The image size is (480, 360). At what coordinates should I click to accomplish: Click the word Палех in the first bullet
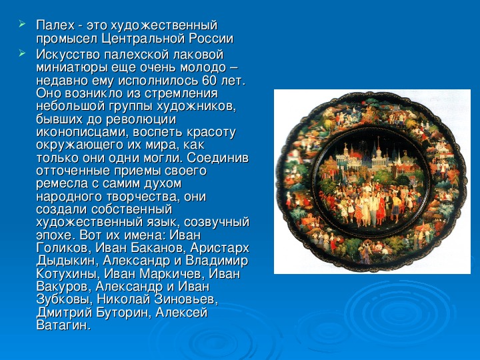55,25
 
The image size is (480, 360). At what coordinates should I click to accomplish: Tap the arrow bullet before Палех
22,23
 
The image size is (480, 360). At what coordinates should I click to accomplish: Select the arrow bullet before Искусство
22,53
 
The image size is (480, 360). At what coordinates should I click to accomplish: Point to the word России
211,39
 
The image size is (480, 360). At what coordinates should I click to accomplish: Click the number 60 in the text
209,81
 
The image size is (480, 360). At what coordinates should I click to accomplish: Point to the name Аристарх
219,248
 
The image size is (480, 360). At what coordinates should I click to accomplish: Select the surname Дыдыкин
67,261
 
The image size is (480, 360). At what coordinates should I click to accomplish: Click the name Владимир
217,261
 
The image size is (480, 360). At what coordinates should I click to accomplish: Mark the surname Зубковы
64,300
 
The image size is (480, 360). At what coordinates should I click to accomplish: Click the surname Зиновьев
186,300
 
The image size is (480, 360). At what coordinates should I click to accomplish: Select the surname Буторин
124,313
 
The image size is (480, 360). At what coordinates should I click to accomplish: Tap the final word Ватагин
64,325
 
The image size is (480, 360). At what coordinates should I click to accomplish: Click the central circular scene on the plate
371,183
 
